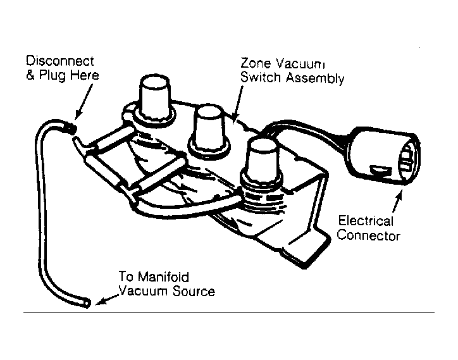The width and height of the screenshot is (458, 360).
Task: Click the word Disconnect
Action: (x=60, y=61)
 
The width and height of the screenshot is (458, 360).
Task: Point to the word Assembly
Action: (x=315, y=78)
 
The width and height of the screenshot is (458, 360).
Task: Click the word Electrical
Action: (x=366, y=221)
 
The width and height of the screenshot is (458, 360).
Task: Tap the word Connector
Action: (x=369, y=235)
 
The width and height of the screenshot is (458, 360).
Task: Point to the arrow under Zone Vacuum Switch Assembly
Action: (x=237, y=103)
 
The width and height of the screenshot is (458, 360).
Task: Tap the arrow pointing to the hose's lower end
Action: (x=107, y=300)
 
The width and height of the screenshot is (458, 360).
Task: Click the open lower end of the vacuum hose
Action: (x=87, y=303)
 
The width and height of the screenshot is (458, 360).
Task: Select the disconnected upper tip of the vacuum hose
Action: (x=71, y=128)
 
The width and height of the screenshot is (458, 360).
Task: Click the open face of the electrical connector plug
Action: (x=408, y=159)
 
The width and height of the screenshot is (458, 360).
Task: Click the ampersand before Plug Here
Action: (x=30, y=75)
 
